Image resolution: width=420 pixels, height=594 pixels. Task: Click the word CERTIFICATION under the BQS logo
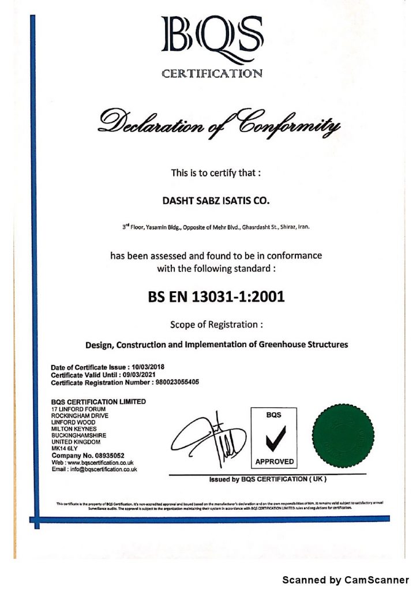pyautogui.click(x=212, y=73)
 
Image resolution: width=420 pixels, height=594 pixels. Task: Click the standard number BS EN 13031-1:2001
pyautogui.click(x=216, y=298)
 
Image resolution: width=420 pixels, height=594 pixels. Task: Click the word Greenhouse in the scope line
pyautogui.click(x=286, y=345)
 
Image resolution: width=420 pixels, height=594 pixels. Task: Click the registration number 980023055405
pyautogui.click(x=176, y=382)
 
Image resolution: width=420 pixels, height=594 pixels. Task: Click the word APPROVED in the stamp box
pyautogui.click(x=274, y=461)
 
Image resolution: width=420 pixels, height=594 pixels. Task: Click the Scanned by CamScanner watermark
pyautogui.click(x=345, y=579)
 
